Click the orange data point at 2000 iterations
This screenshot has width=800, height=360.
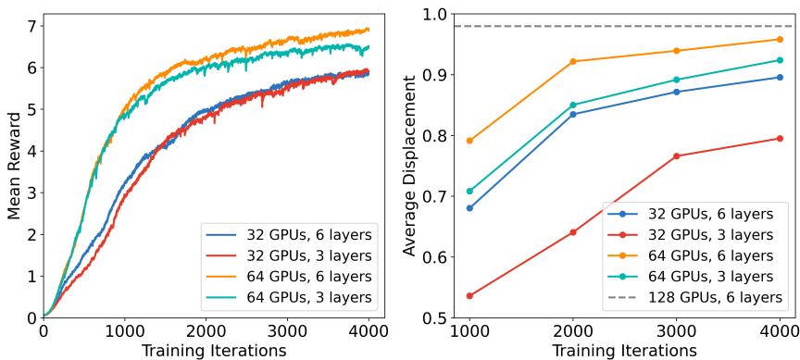coord(573,61)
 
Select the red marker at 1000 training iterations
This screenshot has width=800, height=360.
coord(470,296)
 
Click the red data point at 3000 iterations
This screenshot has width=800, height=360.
coord(677,156)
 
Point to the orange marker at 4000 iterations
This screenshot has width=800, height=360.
coord(780,39)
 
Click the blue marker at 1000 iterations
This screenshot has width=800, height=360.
coord(470,208)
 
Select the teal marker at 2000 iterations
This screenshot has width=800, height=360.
coord(573,105)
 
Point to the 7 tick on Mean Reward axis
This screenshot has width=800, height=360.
coord(31,24)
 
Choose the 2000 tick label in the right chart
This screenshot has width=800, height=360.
coord(573,330)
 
